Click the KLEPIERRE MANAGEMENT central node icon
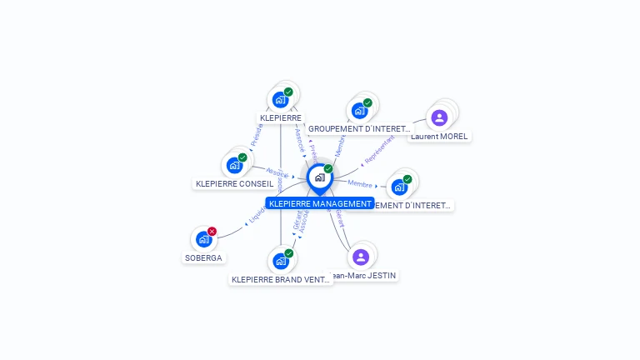(x=319, y=177)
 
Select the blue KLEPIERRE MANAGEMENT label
(x=320, y=203)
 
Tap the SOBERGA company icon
(x=203, y=239)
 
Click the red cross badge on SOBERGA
(x=212, y=231)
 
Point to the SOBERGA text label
(x=203, y=257)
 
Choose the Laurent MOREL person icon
(x=439, y=117)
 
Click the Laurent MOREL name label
(x=439, y=136)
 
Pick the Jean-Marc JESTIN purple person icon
(x=360, y=257)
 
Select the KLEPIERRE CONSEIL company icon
(x=234, y=165)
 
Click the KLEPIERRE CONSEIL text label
(x=234, y=183)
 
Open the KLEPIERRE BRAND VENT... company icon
(x=281, y=261)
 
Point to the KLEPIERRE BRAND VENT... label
(x=281, y=280)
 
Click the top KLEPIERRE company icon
(x=281, y=100)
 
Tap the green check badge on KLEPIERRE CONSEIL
(x=242, y=157)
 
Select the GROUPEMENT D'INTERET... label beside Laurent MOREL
(x=359, y=129)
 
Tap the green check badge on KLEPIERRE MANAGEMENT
(x=327, y=169)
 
